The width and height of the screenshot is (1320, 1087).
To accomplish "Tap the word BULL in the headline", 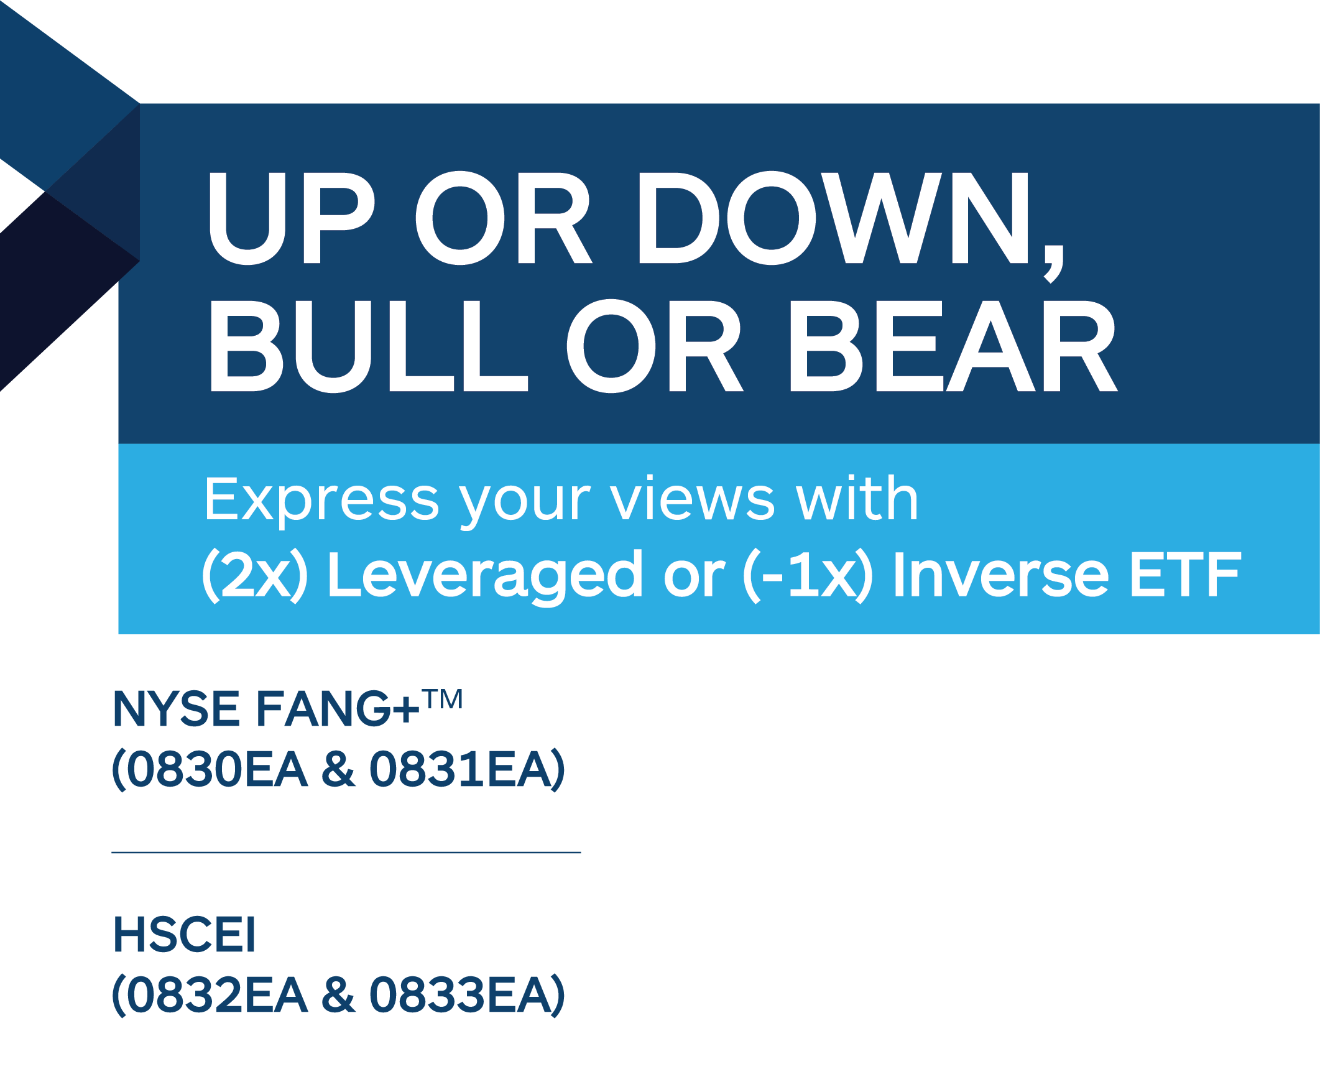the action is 370,346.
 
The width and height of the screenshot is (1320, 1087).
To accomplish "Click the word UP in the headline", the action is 292,218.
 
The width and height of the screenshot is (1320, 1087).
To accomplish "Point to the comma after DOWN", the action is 1053,264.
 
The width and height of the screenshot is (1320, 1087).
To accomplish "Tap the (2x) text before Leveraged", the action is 256,575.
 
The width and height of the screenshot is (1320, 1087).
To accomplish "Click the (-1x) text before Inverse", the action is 808,575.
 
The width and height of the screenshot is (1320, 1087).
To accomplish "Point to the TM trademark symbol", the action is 442,699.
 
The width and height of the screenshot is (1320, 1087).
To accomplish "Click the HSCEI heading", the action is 185,935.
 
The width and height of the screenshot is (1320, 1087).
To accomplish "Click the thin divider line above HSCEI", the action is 346,852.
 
